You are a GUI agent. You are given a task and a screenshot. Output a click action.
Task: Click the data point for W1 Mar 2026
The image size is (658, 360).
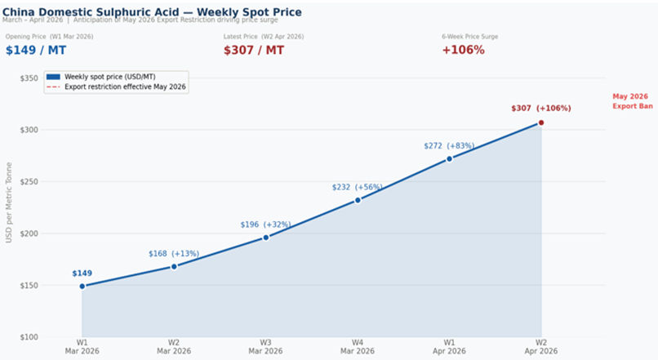pos(82,286)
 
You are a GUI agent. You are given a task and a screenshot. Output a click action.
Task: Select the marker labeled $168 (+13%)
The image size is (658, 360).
pos(174,266)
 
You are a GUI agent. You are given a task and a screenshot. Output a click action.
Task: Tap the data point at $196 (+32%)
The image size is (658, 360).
pos(266,238)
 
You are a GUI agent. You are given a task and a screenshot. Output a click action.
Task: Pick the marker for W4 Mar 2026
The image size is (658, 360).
pos(358,200)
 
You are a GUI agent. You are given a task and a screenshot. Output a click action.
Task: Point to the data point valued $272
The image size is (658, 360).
pos(449,158)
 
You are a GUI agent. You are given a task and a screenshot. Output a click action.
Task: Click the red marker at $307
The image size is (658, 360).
pos(540,122)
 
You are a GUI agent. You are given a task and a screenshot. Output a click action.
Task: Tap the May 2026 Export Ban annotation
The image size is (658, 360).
pos(632,101)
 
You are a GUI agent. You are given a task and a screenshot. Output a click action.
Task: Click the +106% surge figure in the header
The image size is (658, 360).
pos(463,50)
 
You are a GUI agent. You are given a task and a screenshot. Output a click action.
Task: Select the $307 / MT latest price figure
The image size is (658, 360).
pos(254,50)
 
